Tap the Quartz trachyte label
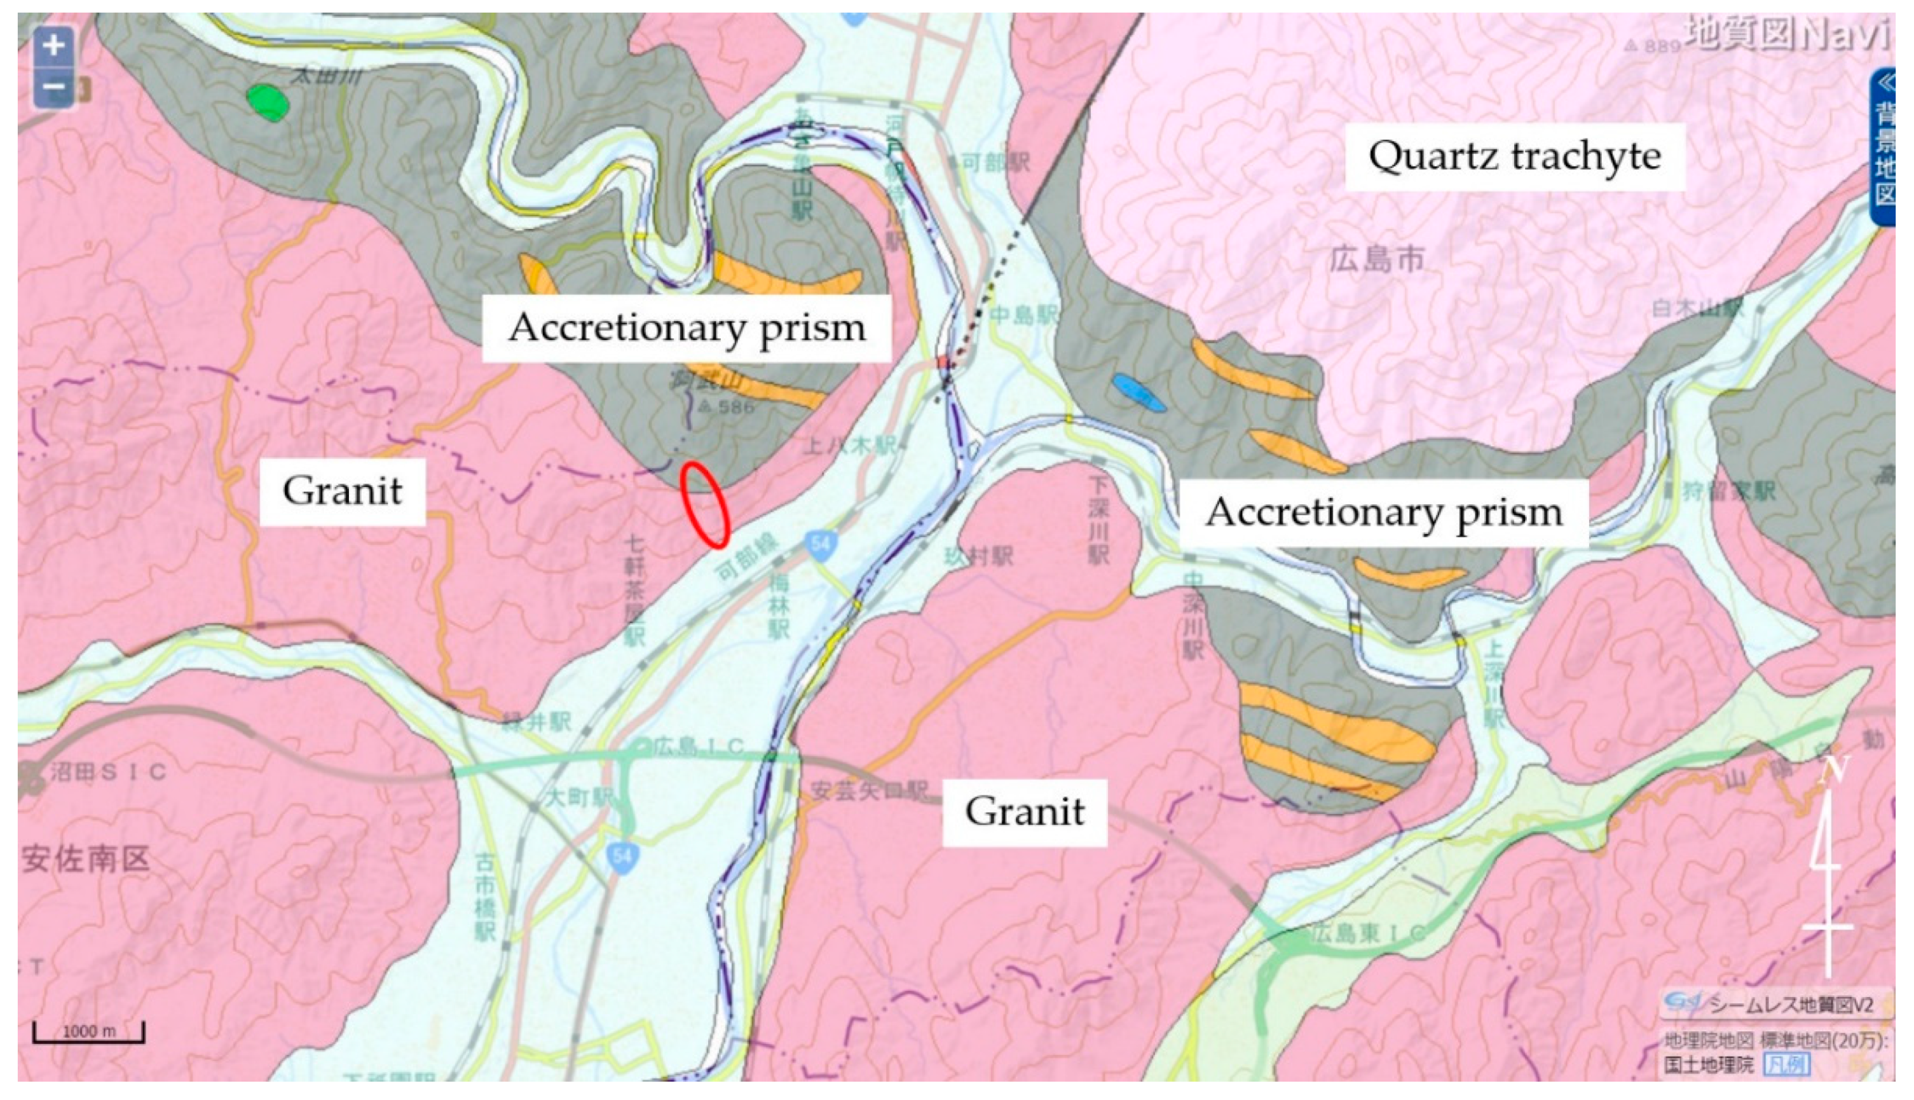pos(1514,156)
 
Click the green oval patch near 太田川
pos(268,102)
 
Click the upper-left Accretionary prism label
pos(686,328)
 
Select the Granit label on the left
pos(342,491)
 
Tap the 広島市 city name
pos(1376,260)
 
